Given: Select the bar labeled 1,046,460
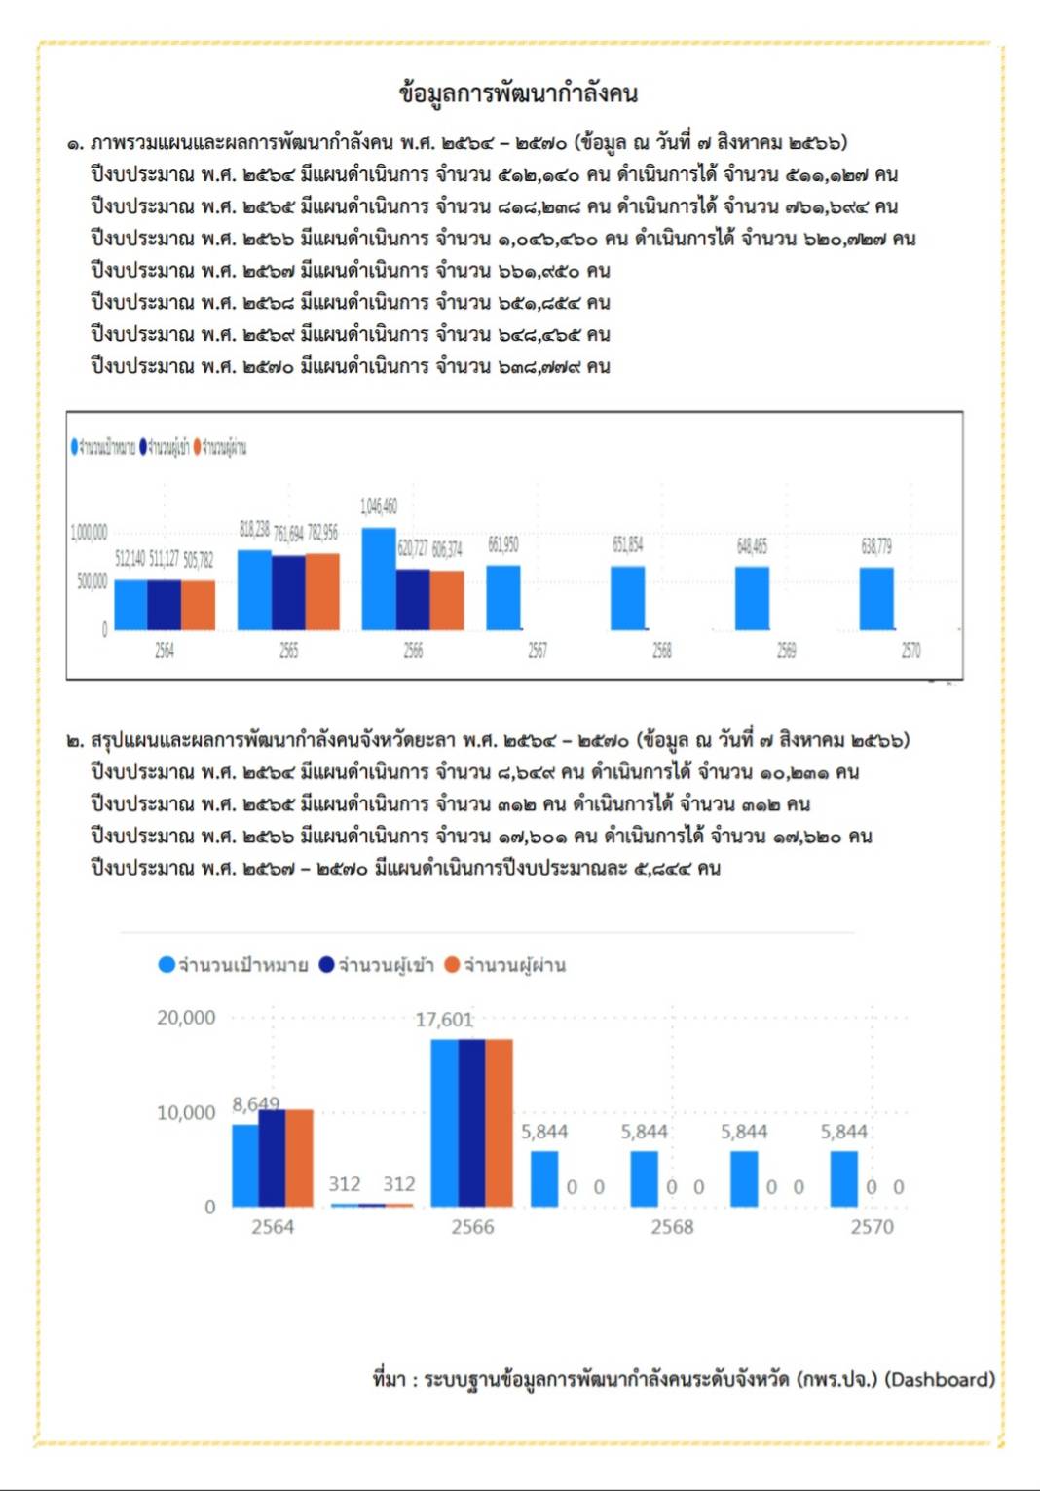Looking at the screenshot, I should (x=378, y=578).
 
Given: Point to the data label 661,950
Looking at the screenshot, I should (x=502, y=544).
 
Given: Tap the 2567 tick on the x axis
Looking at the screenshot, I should (x=538, y=651).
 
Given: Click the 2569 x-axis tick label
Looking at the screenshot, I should (x=786, y=651).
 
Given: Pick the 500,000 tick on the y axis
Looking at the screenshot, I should (x=93, y=581).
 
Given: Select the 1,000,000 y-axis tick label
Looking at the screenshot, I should (x=89, y=533).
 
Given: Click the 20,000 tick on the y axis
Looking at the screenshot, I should (x=186, y=1018).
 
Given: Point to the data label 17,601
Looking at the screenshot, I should (x=444, y=1020).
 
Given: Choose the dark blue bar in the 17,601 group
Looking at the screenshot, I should (x=471, y=1123).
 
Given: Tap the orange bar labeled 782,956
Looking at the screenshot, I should (x=322, y=591).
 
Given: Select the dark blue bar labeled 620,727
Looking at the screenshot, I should (x=413, y=599).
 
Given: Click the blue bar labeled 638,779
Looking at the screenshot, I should (x=876, y=598).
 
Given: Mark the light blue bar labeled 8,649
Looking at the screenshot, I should (x=244, y=1165).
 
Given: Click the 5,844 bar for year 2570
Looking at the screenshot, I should (x=843, y=1178).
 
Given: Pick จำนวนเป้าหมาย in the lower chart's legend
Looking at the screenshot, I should (x=243, y=965).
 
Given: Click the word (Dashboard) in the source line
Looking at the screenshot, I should (x=940, y=1379).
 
